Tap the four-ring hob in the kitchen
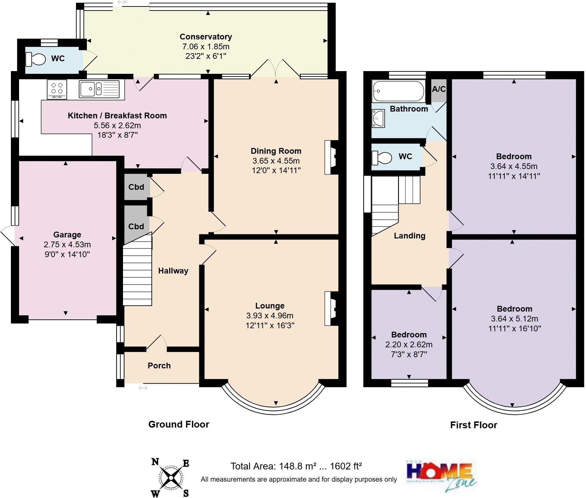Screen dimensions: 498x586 pyautogui.click(x=57, y=89)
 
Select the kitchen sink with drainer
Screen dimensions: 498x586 pyautogui.click(x=99, y=89)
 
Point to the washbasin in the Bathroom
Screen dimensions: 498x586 pyautogui.click(x=378, y=118)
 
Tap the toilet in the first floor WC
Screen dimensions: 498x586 pyautogui.click(x=382, y=157)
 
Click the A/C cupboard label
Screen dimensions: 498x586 pyautogui.click(x=439, y=89)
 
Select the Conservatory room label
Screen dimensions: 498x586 pyautogui.click(x=205, y=37)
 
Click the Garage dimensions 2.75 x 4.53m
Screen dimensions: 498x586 pyautogui.click(x=67, y=245)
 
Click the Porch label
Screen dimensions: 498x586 pyautogui.click(x=159, y=366)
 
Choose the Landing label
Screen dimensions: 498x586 pyautogui.click(x=410, y=236)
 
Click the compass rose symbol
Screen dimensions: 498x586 pyautogui.click(x=170, y=478)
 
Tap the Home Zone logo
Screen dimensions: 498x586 pyautogui.click(x=441, y=475)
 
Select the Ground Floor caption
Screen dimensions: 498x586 pyautogui.click(x=179, y=424)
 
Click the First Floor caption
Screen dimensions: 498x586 pyautogui.click(x=474, y=425)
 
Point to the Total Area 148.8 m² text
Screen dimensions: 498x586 pyautogui.click(x=296, y=466)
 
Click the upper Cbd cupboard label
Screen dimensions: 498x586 pyautogui.click(x=136, y=187)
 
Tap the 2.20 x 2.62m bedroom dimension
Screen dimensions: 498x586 pyautogui.click(x=408, y=345)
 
